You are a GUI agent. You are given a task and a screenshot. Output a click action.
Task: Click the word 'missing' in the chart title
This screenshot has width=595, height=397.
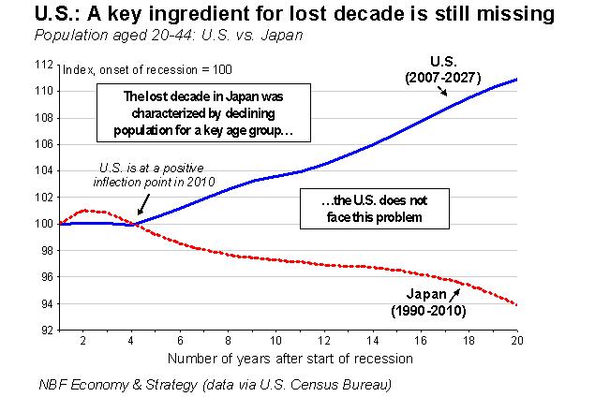pyautogui.click(x=527, y=15)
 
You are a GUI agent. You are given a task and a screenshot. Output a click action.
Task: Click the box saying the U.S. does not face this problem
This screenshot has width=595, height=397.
pyautogui.click(x=361, y=207)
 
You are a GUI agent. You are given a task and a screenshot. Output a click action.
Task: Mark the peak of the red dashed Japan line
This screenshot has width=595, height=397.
pyautogui.click(x=84, y=211)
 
